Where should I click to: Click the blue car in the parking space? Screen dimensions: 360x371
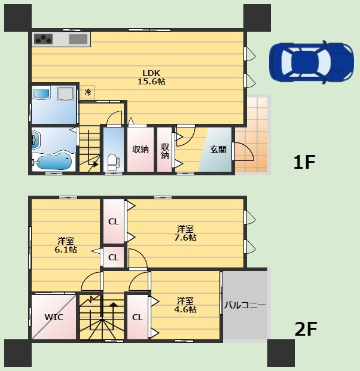(312, 62)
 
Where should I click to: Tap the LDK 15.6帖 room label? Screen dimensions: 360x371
(151, 77)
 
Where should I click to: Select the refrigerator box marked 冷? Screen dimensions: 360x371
(88, 92)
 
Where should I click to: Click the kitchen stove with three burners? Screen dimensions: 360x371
(43, 39)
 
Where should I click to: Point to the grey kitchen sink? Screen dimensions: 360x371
(78, 39)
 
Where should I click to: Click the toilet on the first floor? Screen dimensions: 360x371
(112, 162)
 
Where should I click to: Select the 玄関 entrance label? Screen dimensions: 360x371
(218, 150)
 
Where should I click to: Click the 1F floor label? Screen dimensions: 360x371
(304, 162)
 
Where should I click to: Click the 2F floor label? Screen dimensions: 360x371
(306, 329)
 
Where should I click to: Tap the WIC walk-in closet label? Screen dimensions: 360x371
(54, 317)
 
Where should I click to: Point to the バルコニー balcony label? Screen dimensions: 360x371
(245, 305)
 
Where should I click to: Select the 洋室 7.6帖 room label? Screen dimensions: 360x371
(185, 233)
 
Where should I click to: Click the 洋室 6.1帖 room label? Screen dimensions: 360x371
(66, 245)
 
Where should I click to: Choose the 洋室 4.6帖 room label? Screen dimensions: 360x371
(185, 305)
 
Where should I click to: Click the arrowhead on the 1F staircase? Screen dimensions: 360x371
(96, 164)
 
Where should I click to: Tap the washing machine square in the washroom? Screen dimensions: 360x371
(66, 94)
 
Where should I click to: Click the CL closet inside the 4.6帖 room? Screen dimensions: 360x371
(138, 317)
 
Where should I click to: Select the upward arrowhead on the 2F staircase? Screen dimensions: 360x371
(113, 305)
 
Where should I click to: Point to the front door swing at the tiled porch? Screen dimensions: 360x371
(243, 151)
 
